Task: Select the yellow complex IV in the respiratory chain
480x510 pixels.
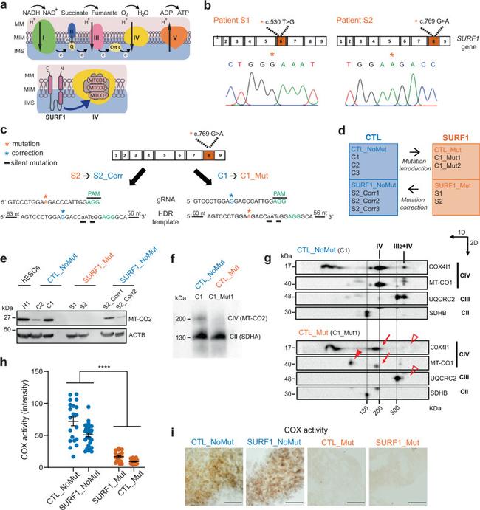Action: pos(131,42)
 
